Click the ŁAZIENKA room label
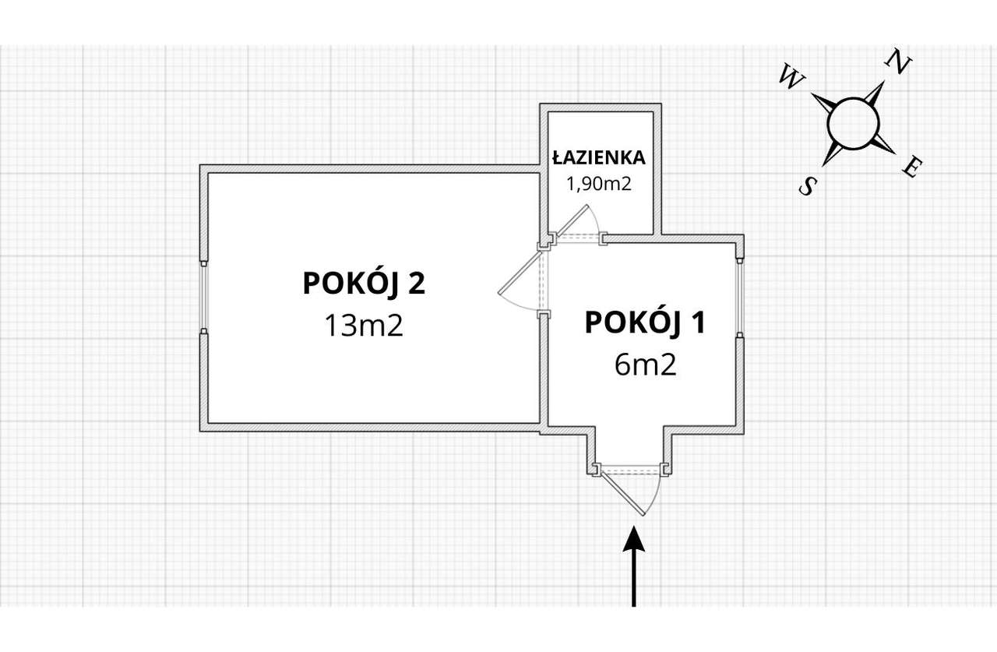(599, 157)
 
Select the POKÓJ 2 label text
(364, 284)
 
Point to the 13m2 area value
(364, 325)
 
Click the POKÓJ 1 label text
(645, 322)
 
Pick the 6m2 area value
(645, 364)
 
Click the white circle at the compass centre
(853, 122)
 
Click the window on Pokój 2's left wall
(203, 296)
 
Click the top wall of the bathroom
(601, 107)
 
